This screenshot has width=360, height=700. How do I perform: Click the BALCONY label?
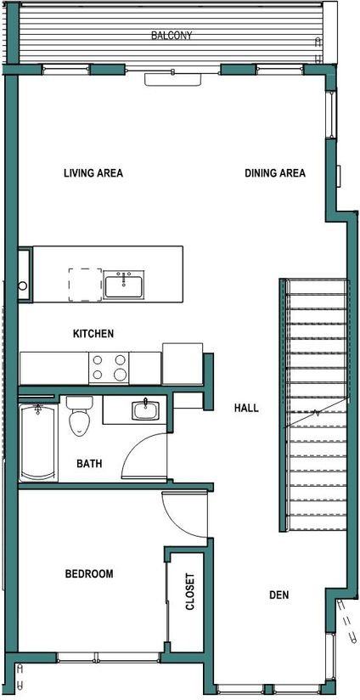(x=172, y=36)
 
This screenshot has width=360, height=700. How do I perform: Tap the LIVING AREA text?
(x=93, y=173)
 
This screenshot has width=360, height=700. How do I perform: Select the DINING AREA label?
(x=275, y=173)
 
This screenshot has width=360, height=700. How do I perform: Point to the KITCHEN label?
(x=93, y=334)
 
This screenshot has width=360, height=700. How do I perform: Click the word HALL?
(x=246, y=408)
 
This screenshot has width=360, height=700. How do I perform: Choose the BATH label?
(x=90, y=464)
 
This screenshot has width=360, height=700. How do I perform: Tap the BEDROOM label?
(x=89, y=574)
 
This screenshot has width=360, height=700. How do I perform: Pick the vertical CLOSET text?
(x=190, y=591)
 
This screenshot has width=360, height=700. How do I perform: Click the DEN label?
(x=278, y=595)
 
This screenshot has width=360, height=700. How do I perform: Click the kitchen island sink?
(x=125, y=285)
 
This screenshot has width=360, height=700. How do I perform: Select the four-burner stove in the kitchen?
(x=109, y=367)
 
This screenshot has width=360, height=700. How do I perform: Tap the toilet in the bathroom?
(x=79, y=415)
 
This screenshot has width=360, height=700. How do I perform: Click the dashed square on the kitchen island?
(x=85, y=285)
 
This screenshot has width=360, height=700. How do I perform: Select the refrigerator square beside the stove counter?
(x=183, y=364)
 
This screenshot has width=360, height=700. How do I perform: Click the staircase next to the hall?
(x=317, y=404)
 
